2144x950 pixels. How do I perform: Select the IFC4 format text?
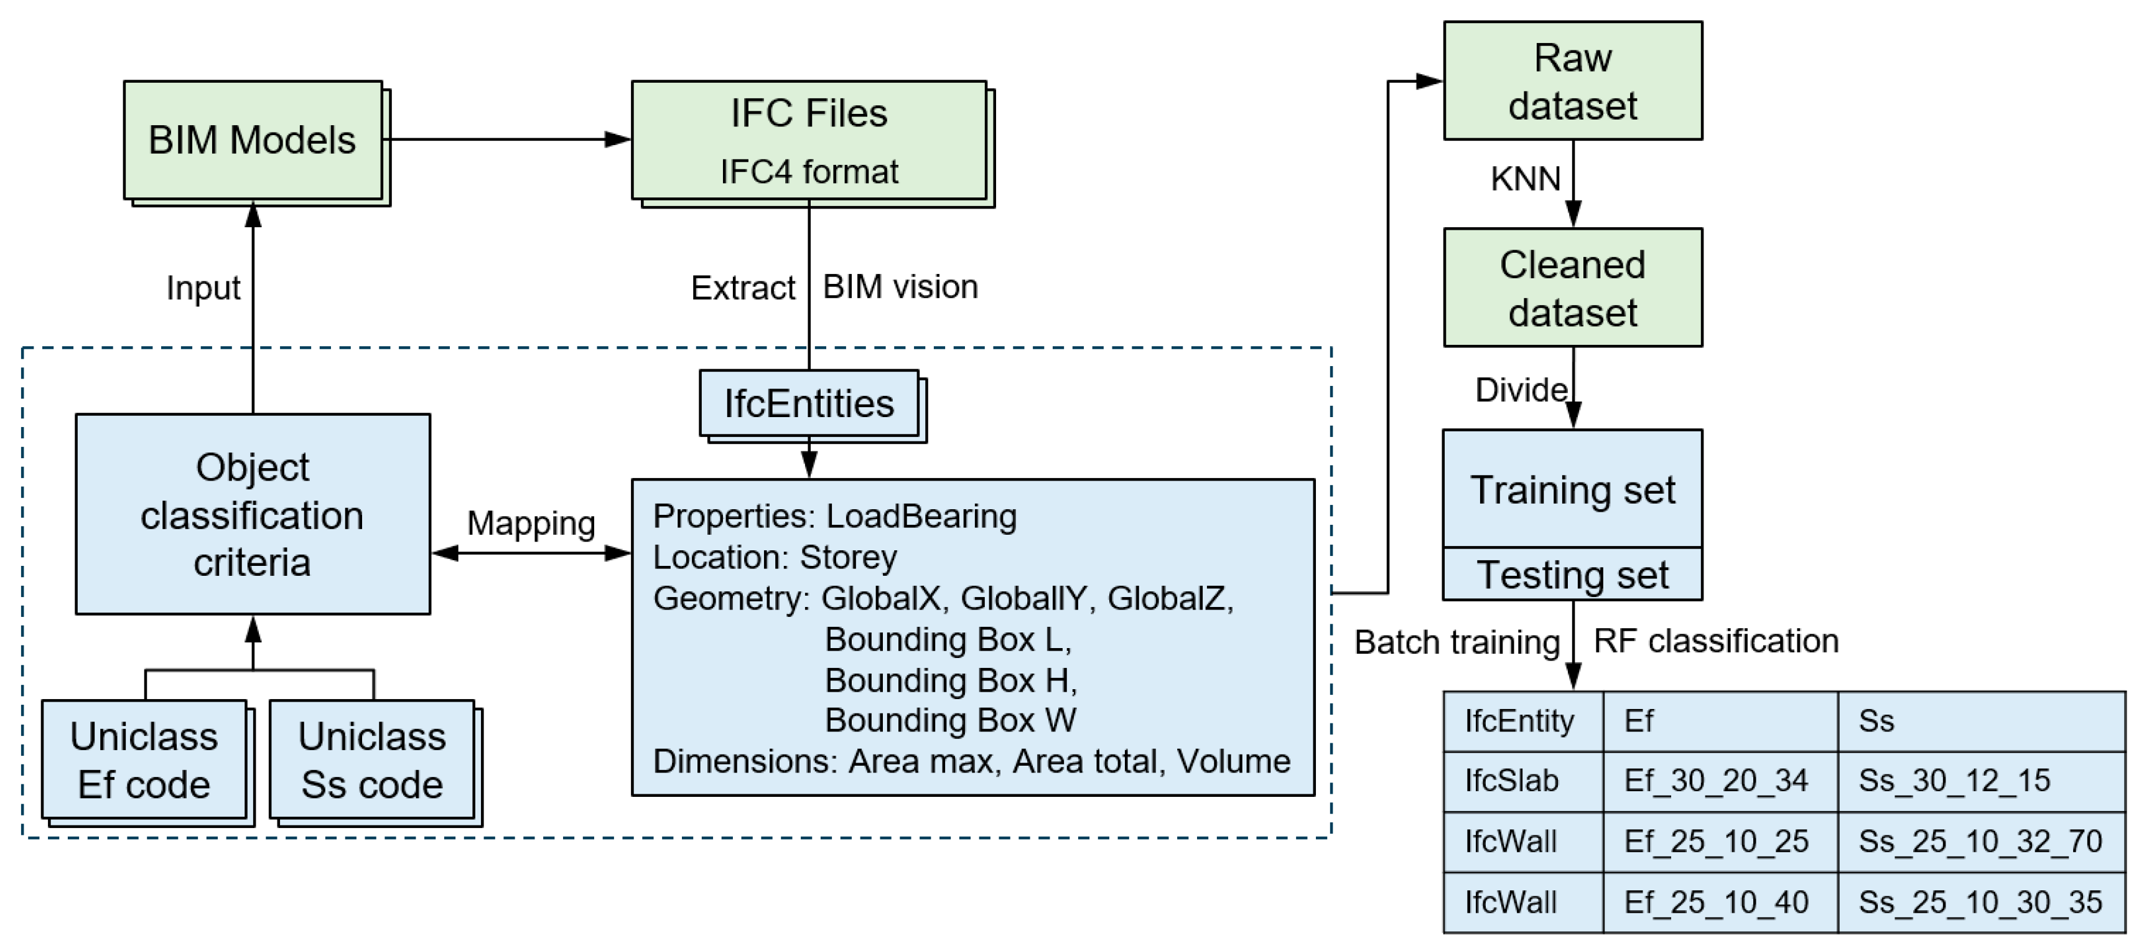(x=808, y=172)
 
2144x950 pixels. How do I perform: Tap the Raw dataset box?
(x=1572, y=82)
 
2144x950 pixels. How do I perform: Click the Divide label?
(x=1521, y=390)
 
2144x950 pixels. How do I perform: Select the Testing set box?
(x=1572, y=575)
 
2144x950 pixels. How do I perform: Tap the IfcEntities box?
(x=808, y=404)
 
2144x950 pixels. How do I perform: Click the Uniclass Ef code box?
(x=144, y=760)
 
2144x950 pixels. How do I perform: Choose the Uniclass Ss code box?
(x=372, y=760)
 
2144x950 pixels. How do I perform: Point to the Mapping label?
(x=530, y=524)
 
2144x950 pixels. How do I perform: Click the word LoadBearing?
(x=921, y=516)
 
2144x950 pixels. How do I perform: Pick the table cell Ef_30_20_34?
(x=1715, y=781)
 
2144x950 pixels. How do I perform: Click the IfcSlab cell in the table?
(x=1511, y=781)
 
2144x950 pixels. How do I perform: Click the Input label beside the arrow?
(x=203, y=288)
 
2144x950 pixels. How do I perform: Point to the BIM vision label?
(x=900, y=287)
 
